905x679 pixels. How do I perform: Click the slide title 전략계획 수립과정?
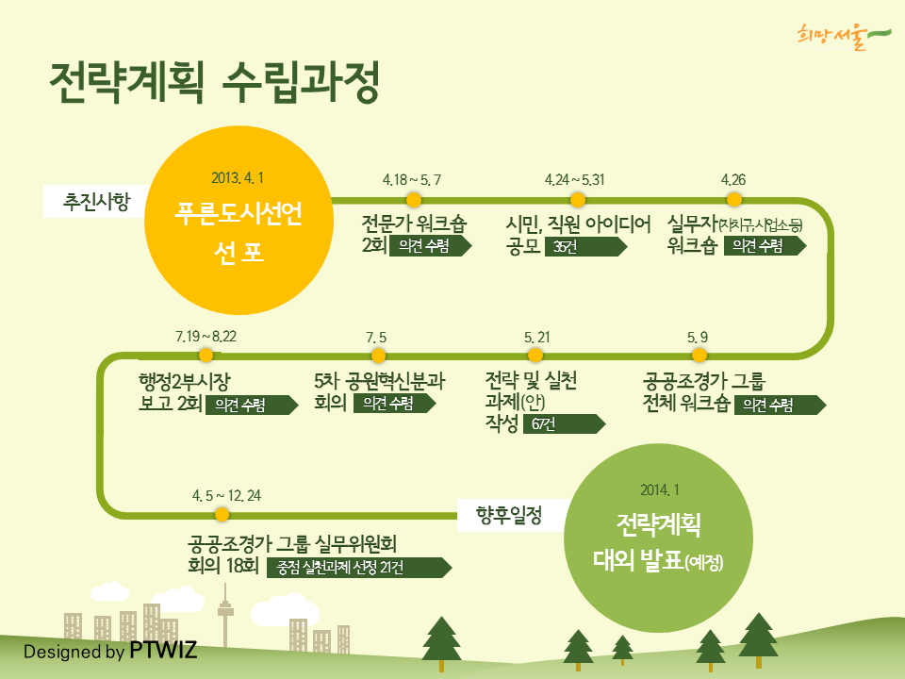[x=214, y=82]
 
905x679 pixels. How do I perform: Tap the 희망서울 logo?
[x=844, y=37]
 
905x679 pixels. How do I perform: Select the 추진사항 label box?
[x=94, y=202]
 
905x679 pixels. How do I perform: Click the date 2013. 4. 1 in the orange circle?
[x=238, y=178]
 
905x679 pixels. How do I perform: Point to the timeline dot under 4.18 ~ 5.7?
[x=414, y=200]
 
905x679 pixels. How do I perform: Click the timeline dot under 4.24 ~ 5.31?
[x=578, y=200]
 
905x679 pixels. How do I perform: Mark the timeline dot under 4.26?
[x=734, y=200]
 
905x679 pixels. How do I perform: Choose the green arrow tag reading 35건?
[x=585, y=246]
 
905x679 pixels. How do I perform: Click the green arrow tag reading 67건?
[x=564, y=423]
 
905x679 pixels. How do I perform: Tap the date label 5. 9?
[x=698, y=338]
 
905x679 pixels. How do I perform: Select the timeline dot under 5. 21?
[x=535, y=356]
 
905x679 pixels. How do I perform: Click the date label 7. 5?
[x=376, y=338]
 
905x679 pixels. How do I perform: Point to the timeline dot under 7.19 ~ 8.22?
[x=206, y=356]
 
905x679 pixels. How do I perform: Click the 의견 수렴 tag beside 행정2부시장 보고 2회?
[x=252, y=405]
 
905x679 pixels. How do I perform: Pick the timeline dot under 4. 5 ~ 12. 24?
[x=222, y=514]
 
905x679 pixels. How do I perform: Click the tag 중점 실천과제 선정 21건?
[x=359, y=568]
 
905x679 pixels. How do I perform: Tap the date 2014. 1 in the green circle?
[x=660, y=490]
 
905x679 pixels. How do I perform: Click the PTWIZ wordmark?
[x=163, y=650]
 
